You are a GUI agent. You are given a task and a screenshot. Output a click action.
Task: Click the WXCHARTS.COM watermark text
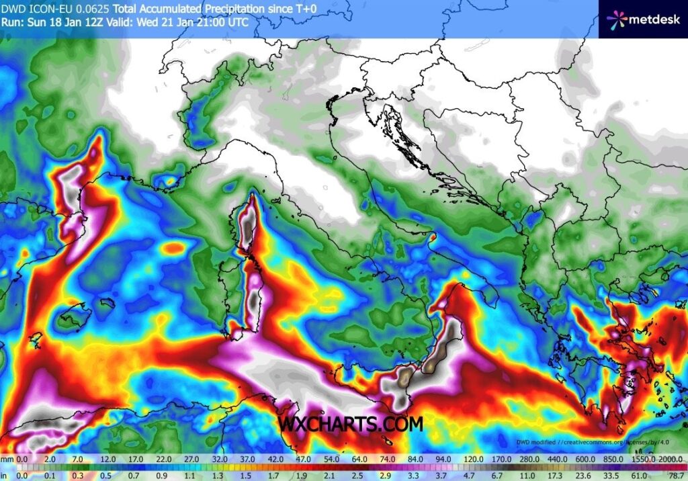(351, 425)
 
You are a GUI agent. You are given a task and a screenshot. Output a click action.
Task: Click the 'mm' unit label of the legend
(7, 460)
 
